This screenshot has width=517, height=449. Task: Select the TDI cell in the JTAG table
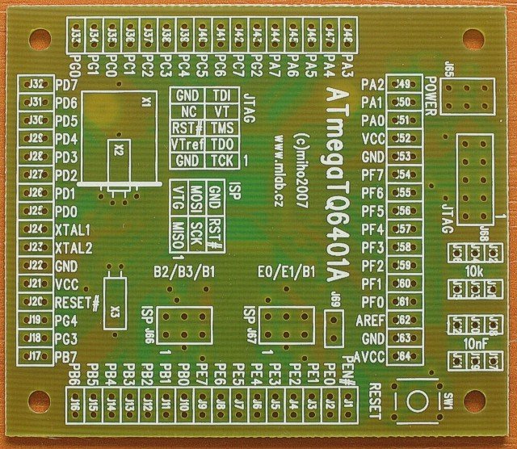pos(221,94)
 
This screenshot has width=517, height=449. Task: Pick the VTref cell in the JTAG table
pos(185,144)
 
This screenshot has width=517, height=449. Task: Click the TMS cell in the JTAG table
pos(221,128)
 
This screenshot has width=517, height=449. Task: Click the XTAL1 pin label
pos(74,229)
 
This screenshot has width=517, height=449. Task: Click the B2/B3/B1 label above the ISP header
pos(183,271)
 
